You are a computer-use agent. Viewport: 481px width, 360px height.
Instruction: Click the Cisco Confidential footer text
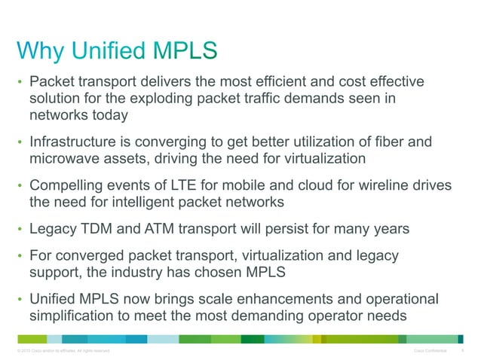click(430, 351)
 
